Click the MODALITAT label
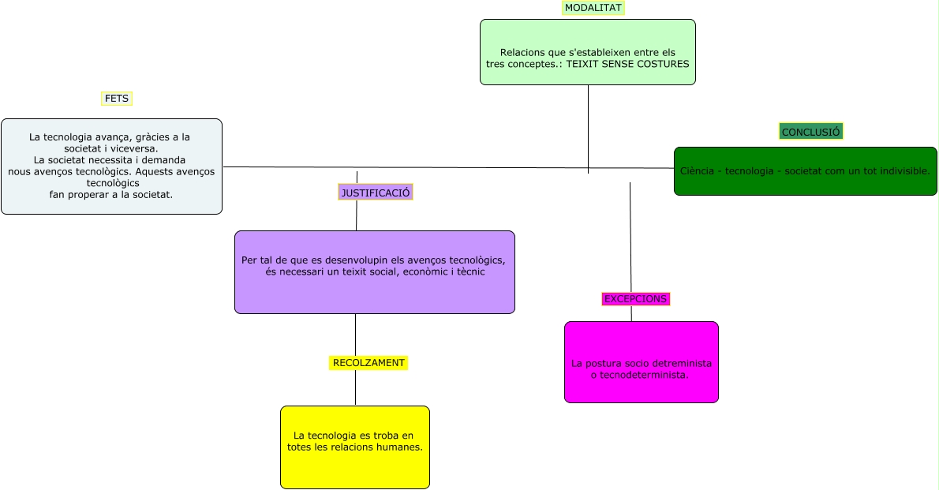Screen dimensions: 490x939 pos(593,8)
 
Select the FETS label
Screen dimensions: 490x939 pos(117,99)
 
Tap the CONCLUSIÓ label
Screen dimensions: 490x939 pos(810,132)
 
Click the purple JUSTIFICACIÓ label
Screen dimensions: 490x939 pos(376,193)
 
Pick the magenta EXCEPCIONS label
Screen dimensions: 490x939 pos(635,299)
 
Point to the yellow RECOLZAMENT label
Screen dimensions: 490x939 pos(368,363)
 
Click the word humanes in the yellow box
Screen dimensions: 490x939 pos(398,447)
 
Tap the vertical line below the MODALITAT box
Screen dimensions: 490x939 pos(588,126)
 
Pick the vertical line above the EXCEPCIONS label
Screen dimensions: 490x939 pos(630,237)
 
